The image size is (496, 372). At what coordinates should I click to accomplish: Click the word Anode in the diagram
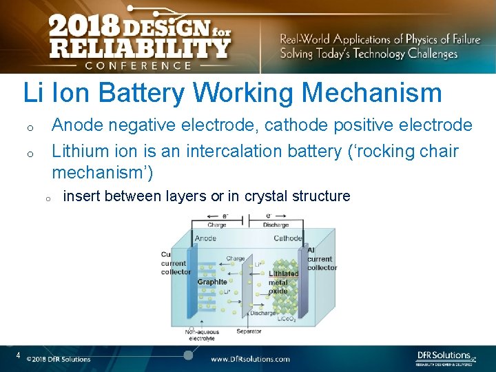pyautogui.click(x=205, y=238)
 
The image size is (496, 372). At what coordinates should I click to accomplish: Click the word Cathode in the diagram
pyautogui.click(x=287, y=238)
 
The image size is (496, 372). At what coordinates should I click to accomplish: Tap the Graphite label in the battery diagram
pyautogui.click(x=212, y=282)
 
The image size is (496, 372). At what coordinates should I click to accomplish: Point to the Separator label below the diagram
pyautogui.click(x=249, y=331)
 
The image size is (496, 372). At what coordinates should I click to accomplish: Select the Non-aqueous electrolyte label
pyautogui.click(x=200, y=335)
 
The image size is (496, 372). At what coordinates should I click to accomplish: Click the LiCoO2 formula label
pyautogui.click(x=287, y=319)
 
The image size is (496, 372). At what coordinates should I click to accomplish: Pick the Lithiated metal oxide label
pyautogui.click(x=283, y=282)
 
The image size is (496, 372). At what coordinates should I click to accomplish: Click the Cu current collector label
pyautogui.click(x=174, y=262)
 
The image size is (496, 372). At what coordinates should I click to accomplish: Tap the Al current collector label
pyautogui.click(x=319, y=259)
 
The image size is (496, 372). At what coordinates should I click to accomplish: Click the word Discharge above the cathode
pyautogui.click(x=276, y=225)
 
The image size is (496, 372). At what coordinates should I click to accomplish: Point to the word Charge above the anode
pyautogui.click(x=217, y=225)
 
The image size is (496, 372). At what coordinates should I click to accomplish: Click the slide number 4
pyautogui.click(x=19, y=355)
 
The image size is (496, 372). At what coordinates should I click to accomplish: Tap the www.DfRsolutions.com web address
pyautogui.click(x=250, y=359)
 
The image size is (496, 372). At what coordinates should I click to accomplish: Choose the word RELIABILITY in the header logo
pyautogui.click(x=138, y=48)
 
